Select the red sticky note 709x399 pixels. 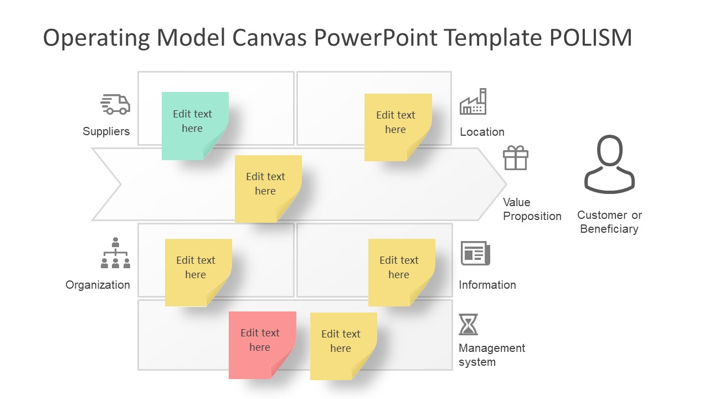(x=262, y=345)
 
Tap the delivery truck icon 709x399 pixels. (x=115, y=104)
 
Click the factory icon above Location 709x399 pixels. (x=473, y=102)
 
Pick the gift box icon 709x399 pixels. (x=516, y=158)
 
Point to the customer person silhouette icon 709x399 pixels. (x=609, y=165)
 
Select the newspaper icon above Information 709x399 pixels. (x=475, y=254)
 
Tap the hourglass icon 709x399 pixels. (x=468, y=325)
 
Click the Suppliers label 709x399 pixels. (x=106, y=131)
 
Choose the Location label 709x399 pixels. (x=482, y=132)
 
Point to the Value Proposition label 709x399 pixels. (x=532, y=209)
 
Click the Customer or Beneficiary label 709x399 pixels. (x=609, y=222)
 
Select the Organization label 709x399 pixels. (x=98, y=285)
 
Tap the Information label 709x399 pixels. (x=487, y=285)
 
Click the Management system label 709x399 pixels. (x=491, y=355)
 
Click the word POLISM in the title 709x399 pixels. (x=590, y=38)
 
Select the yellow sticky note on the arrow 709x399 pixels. (x=268, y=188)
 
